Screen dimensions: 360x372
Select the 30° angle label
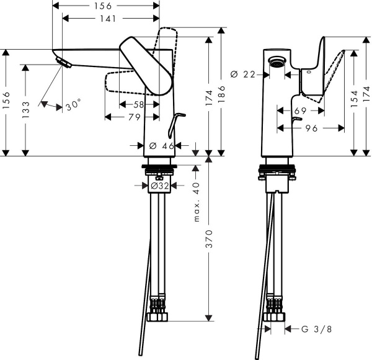click(x=74, y=106)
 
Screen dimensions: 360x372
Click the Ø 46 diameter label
click(x=161, y=146)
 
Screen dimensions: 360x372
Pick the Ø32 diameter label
click(x=160, y=185)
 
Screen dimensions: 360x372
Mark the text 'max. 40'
click(x=197, y=202)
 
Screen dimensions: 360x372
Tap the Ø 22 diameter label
click(x=243, y=74)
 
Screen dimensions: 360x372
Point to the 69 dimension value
click(x=301, y=110)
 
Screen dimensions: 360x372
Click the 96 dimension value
click(x=312, y=128)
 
